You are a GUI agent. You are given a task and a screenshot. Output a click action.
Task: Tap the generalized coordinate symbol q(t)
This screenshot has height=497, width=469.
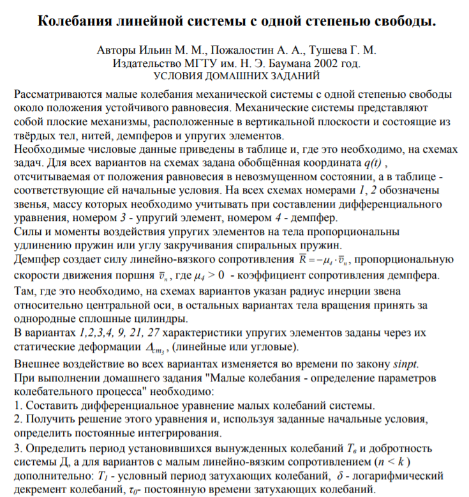coord(372,163)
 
